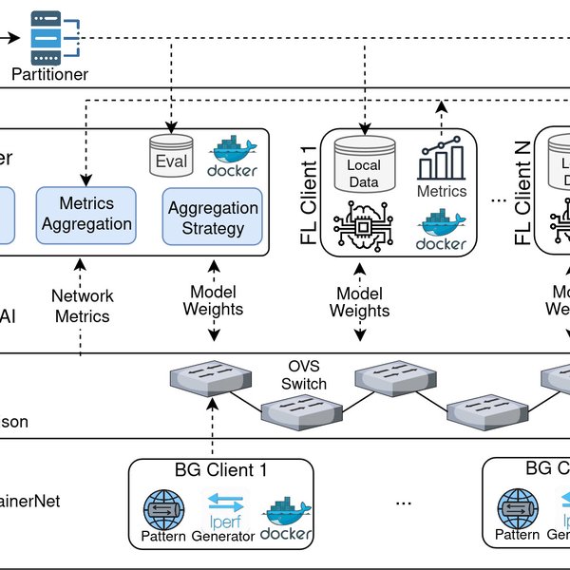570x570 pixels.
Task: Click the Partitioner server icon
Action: [49, 37]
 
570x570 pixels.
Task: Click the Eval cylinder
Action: [171, 156]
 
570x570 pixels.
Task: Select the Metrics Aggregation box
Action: [85, 214]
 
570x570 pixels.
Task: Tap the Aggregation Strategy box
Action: [212, 218]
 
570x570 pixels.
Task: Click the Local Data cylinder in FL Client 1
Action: [364, 164]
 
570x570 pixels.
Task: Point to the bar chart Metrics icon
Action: [442, 161]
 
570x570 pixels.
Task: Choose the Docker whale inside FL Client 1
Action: [442, 231]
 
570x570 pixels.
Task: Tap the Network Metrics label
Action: [81, 306]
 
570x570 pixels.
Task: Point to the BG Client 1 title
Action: [221, 470]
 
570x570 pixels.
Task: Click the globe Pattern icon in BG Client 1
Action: [162, 510]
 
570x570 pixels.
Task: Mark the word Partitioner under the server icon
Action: [50, 73]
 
